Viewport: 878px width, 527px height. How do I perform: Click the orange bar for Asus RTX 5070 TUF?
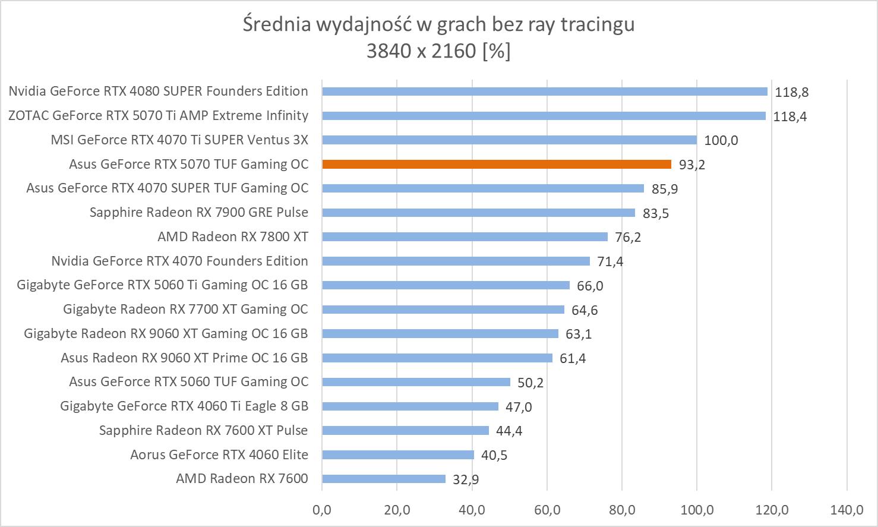(x=496, y=165)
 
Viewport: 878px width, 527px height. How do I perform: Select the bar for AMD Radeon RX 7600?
(x=383, y=479)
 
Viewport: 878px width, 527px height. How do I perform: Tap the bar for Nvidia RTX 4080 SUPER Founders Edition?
(x=544, y=91)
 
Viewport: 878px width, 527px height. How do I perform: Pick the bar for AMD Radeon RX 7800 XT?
(x=465, y=237)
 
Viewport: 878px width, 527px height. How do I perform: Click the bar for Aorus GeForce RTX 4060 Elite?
(x=397, y=455)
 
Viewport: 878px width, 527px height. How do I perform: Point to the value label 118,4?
(x=789, y=116)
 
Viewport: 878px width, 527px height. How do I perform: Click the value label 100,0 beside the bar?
(x=721, y=141)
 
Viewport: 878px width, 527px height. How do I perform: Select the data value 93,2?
(x=692, y=165)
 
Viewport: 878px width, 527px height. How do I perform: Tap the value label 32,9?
(x=466, y=479)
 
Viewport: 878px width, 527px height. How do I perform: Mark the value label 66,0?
(x=590, y=286)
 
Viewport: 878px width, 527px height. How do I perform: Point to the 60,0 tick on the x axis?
(x=547, y=510)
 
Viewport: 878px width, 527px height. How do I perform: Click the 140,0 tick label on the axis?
(x=847, y=510)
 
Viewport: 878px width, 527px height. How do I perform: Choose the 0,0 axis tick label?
(x=322, y=510)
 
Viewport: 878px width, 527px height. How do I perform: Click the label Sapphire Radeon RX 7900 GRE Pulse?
(x=199, y=213)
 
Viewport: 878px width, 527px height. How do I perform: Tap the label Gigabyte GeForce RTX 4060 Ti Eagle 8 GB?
(x=184, y=406)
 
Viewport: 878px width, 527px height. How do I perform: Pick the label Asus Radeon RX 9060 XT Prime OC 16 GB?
(x=184, y=358)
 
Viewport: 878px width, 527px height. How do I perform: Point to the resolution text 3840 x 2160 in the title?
(x=421, y=51)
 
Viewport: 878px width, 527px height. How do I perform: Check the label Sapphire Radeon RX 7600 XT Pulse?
(x=204, y=431)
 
